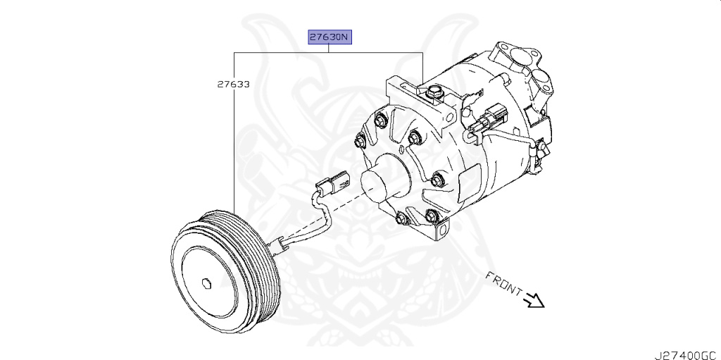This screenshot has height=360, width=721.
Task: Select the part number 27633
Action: (x=232, y=84)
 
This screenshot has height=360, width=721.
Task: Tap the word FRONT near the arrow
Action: (x=503, y=283)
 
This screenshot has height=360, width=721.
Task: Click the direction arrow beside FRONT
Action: (x=535, y=300)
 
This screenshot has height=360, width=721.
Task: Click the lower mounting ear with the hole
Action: (x=441, y=230)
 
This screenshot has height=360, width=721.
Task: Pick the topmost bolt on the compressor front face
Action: (x=381, y=121)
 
